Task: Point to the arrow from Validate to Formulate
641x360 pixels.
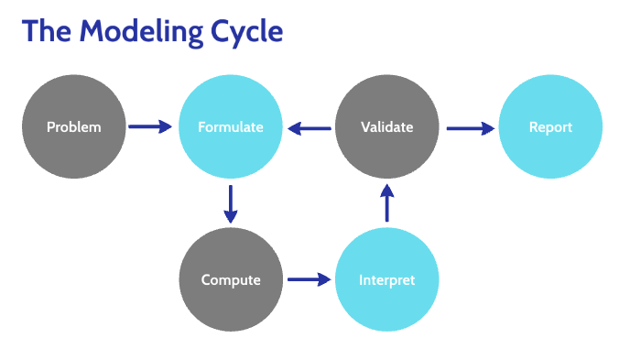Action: click(x=310, y=129)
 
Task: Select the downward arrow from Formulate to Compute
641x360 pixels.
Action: click(x=231, y=204)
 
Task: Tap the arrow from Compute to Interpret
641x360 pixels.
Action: click(x=310, y=279)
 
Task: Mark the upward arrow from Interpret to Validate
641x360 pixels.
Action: click(x=387, y=203)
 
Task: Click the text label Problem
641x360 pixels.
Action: click(x=73, y=127)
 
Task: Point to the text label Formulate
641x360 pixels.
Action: click(x=230, y=127)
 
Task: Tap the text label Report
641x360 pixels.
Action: click(x=550, y=127)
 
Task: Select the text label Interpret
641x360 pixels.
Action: click(x=387, y=280)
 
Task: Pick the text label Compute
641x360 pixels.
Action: click(x=231, y=280)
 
